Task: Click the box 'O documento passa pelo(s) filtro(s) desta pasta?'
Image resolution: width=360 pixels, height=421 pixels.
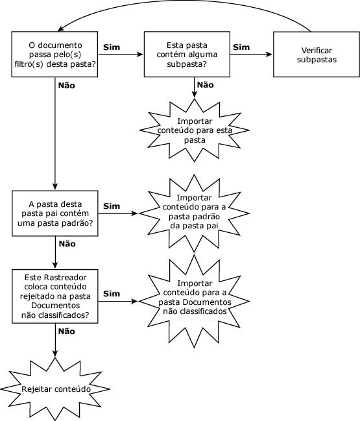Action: (x=54, y=54)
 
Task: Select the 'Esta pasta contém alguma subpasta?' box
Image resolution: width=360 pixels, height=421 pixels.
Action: (x=187, y=54)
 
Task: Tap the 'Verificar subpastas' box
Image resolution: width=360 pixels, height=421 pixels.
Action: (x=317, y=54)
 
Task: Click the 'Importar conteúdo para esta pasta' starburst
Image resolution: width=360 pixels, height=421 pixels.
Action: (x=195, y=130)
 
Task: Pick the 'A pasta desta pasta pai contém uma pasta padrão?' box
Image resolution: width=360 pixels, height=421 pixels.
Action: (x=55, y=213)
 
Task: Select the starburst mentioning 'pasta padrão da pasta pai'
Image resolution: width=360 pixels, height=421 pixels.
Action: (x=195, y=213)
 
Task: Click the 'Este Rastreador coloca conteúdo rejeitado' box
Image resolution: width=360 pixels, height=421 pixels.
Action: (x=55, y=296)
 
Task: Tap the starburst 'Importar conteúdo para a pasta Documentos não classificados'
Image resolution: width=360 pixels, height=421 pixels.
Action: (x=195, y=301)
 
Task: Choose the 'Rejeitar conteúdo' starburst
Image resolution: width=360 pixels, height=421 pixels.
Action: (x=55, y=389)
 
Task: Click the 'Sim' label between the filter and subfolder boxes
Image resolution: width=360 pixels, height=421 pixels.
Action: (x=112, y=47)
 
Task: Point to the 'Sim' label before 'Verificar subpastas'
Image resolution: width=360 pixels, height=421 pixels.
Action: (x=241, y=47)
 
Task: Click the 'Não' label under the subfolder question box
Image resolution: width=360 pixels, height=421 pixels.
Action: (x=206, y=85)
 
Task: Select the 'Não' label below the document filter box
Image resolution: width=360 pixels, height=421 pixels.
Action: (x=67, y=86)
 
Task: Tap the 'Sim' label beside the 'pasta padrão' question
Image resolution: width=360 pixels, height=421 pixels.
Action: (x=112, y=206)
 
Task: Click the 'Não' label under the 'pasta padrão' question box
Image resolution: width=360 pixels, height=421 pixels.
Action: (x=67, y=244)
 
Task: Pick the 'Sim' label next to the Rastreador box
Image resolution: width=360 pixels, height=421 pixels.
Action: (x=112, y=293)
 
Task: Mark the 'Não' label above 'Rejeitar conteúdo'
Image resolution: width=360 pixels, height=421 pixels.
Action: (x=67, y=331)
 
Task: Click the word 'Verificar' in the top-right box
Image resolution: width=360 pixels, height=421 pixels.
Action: (x=317, y=50)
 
